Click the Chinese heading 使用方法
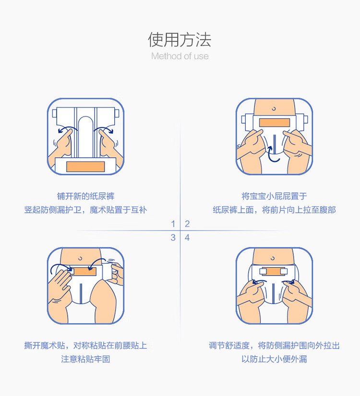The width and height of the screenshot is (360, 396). coord(180,39)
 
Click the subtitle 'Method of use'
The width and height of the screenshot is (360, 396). coord(180,56)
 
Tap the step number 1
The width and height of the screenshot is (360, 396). coord(173,224)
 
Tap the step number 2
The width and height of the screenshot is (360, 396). coord(187,224)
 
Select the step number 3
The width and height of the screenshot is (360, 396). coord(173,237)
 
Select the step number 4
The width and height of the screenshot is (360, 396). coord(187,237)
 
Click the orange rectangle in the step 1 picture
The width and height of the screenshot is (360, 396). coord(85,166)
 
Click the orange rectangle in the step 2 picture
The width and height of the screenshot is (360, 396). coord(274,122)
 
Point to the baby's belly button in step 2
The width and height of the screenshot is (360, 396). coord(274,109)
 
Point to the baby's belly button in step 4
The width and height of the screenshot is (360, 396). coord(274,256)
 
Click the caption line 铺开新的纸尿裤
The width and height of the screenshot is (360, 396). coord(85,196)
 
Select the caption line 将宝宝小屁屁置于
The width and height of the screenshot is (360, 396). coord(274,196)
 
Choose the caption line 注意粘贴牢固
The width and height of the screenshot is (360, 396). coord(85,359)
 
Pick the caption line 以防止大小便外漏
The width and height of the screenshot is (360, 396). coord(274,359)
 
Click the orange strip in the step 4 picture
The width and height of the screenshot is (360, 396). coord(274,272)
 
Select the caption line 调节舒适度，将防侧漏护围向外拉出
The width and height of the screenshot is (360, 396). coord(274,345)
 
